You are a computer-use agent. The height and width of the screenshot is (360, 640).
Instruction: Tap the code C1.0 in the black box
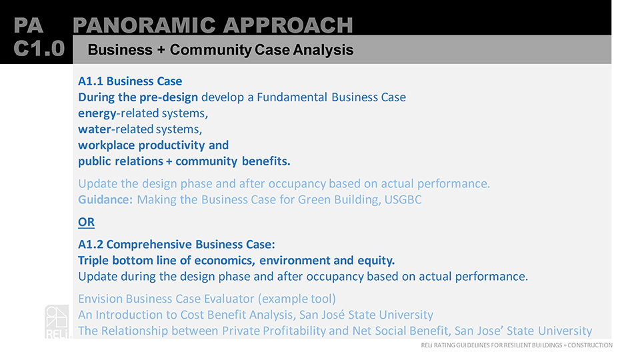(x=39, y=49)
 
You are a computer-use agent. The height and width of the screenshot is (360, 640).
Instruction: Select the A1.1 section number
(x=91, y=81)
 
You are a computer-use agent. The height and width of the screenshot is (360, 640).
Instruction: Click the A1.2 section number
(x=91, y=245)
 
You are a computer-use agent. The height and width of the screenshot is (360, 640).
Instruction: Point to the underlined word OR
(x=86, y=222)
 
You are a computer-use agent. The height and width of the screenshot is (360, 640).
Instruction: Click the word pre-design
(x=169, y=97)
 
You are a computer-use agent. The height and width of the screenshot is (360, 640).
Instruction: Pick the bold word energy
(x=97, y=114)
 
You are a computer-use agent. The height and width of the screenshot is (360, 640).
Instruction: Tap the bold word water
(x=94, y=129)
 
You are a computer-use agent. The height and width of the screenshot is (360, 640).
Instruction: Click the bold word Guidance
(x=105, y=199)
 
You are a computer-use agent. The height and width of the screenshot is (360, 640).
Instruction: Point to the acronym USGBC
(x=403, y=199)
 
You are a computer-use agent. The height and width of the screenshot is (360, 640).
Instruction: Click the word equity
(x=376, y=261)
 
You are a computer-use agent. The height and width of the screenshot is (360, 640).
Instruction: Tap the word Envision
(x=101, y=299)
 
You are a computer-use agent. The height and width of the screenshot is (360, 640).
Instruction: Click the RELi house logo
(x=57, y=321)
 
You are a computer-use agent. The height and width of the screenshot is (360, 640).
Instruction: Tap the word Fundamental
(x=292, y=97)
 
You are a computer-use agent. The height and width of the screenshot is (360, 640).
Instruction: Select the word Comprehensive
(x=149, y=245)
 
